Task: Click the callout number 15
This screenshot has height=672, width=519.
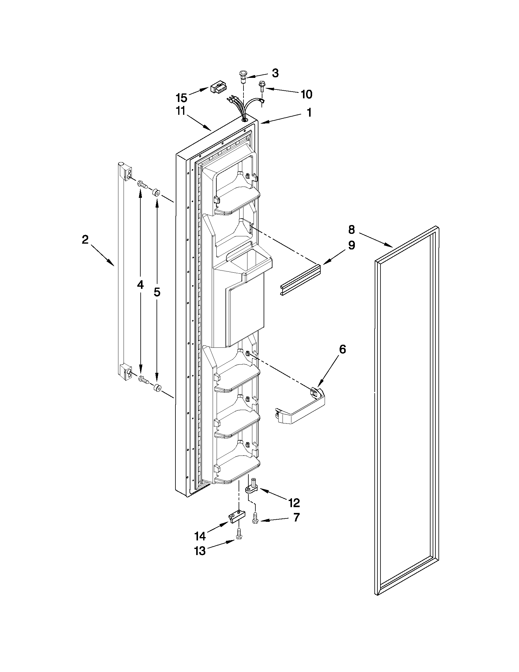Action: click(x=182, y=98)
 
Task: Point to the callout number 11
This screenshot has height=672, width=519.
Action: click(x=181, y=111)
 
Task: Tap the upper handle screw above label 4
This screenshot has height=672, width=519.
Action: click(x=143, y=184)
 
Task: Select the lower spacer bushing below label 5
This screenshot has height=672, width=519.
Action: click(x=157, y=388)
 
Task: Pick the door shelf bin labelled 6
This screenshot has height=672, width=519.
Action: click(x=300, y=407)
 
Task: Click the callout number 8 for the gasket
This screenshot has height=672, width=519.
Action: click(x=351, y=229)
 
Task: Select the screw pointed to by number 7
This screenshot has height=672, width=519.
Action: click(x=255, y=518)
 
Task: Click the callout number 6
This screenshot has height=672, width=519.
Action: click(x=342, y=349)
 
